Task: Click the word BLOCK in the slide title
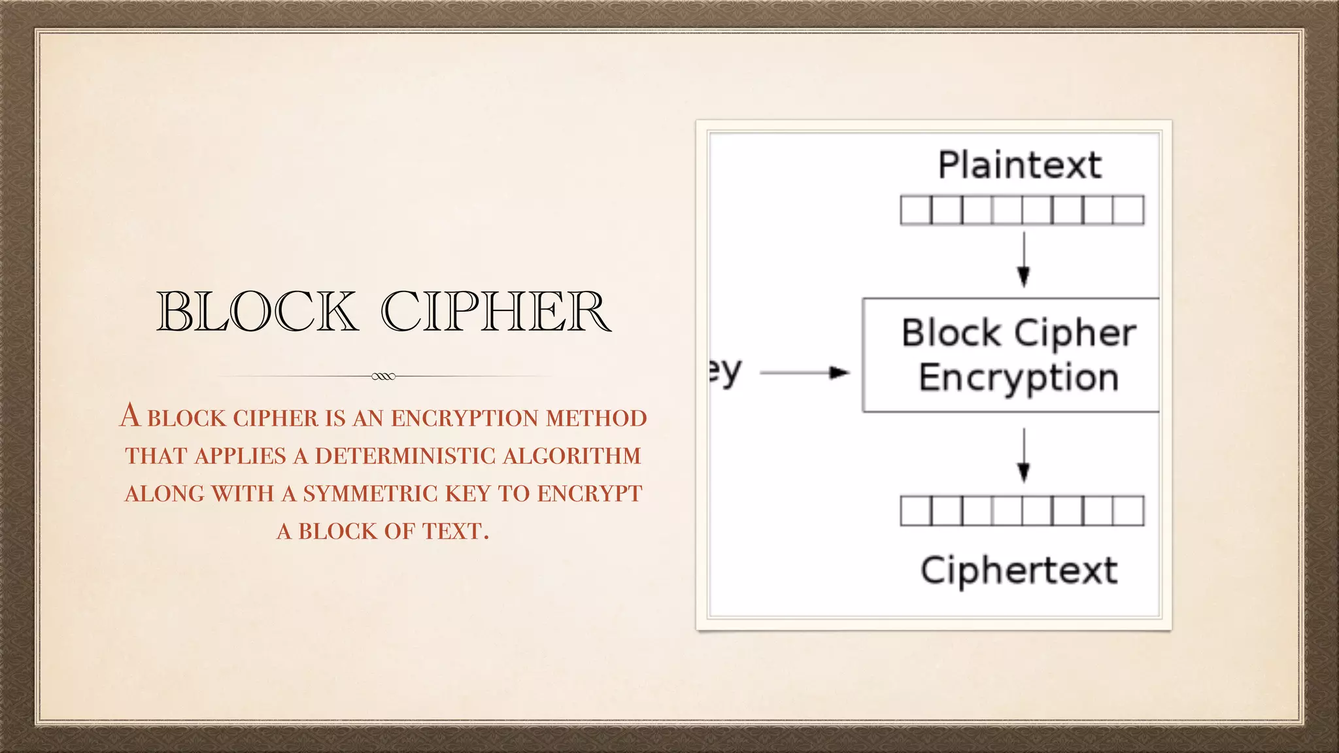257,311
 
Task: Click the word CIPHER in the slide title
496,311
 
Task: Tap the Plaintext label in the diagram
1020,165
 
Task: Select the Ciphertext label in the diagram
1019,570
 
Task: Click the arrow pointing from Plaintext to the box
1024,259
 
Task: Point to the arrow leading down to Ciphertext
1024,455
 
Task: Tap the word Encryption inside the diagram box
1019,378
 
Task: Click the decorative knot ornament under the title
383,376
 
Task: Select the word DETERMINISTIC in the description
405,456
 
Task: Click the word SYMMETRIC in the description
370,494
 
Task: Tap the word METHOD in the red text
596,418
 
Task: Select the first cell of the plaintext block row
915,210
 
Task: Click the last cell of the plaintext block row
1128,210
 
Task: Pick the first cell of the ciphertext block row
915,511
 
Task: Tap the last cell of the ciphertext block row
1128,511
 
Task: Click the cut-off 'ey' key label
726,373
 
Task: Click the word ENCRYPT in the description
590,494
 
